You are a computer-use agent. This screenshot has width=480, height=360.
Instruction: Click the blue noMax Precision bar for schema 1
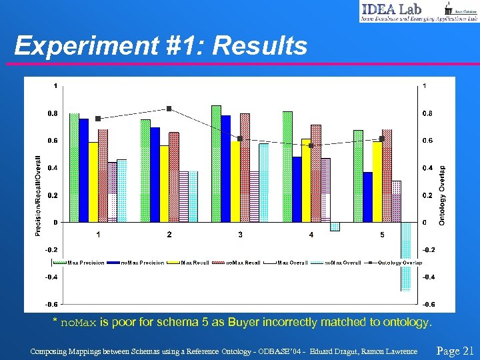pos(84,170)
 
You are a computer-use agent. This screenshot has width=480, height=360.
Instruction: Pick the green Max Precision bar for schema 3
pos(216,163)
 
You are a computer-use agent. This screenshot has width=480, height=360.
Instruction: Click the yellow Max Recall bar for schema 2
pos(164,183)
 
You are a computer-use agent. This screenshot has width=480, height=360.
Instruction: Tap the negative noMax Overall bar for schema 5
pos(405,256)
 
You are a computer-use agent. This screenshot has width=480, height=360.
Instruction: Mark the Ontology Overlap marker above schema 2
pos(169,109)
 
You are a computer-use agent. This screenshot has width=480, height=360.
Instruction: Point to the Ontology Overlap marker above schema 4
pos(311,145)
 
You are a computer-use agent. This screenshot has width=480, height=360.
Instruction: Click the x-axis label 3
pos(240,235)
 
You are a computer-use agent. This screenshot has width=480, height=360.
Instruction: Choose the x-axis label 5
pos(382,235)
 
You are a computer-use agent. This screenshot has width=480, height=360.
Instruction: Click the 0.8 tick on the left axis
pos(51,113)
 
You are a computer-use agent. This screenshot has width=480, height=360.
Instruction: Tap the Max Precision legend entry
pos(86,263)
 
